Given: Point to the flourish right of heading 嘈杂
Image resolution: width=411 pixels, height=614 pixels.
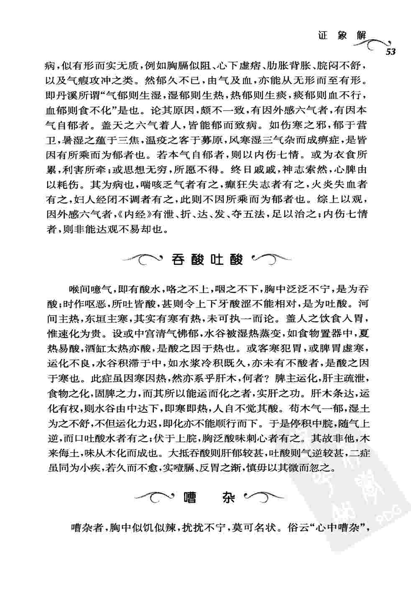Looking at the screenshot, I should tap(263, 497).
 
